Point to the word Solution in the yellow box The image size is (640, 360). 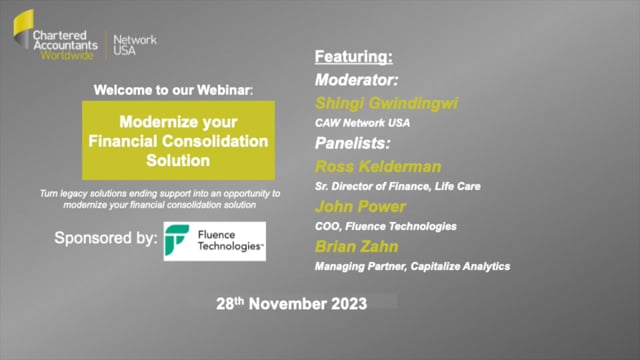click(x=175, y=159)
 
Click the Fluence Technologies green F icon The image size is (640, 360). click(x=179, y=240)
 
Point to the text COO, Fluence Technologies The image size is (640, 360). click(x=385, y=226)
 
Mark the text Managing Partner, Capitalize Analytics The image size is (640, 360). click(x=412, y=267)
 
